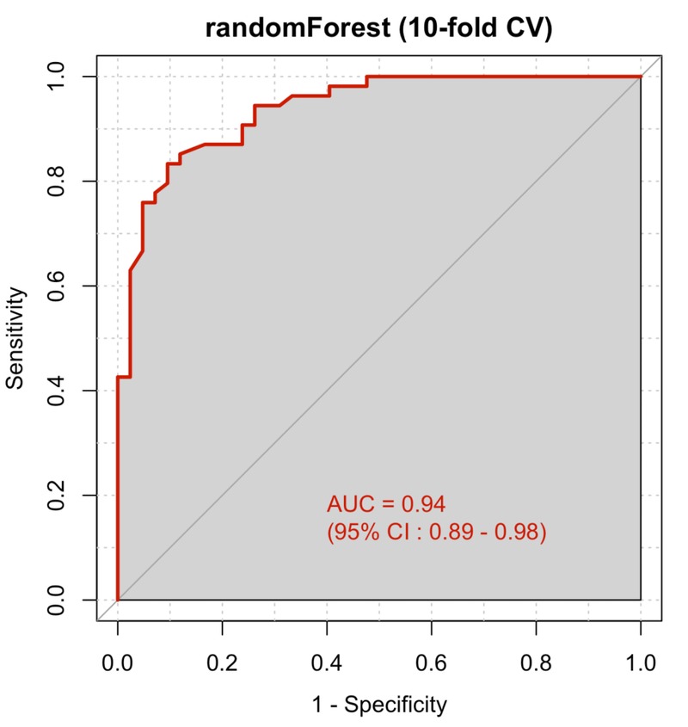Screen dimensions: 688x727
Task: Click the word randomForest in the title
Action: pos(298,28)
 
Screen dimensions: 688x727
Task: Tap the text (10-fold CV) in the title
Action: pos(476,28)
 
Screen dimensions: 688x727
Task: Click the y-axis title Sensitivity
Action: pos(15,338)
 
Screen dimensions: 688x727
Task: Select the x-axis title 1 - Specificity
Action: pos(380,705)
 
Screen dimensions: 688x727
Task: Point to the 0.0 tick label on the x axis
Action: pos(117,663)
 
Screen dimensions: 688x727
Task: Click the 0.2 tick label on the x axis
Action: pos(222,663)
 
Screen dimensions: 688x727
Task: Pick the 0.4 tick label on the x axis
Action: pos(327,663)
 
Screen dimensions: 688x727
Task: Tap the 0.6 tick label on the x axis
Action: pos(431,663)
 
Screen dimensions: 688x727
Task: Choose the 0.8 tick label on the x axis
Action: pos(536,663)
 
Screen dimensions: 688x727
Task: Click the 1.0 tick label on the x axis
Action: pos(641,663)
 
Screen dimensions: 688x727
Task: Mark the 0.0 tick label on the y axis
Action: pos(57,600)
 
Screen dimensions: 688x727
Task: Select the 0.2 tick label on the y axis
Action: pos(57,496)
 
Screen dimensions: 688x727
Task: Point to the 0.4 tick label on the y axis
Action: pos(57,391)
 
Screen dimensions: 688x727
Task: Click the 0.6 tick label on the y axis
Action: pos(57,286)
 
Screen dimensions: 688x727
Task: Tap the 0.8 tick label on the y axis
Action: pos(57,182)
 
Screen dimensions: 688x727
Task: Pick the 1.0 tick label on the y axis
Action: pos(57,77)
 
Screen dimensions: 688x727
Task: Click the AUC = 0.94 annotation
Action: pos(386,504)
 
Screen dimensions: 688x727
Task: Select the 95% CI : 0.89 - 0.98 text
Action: pos(437,532)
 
